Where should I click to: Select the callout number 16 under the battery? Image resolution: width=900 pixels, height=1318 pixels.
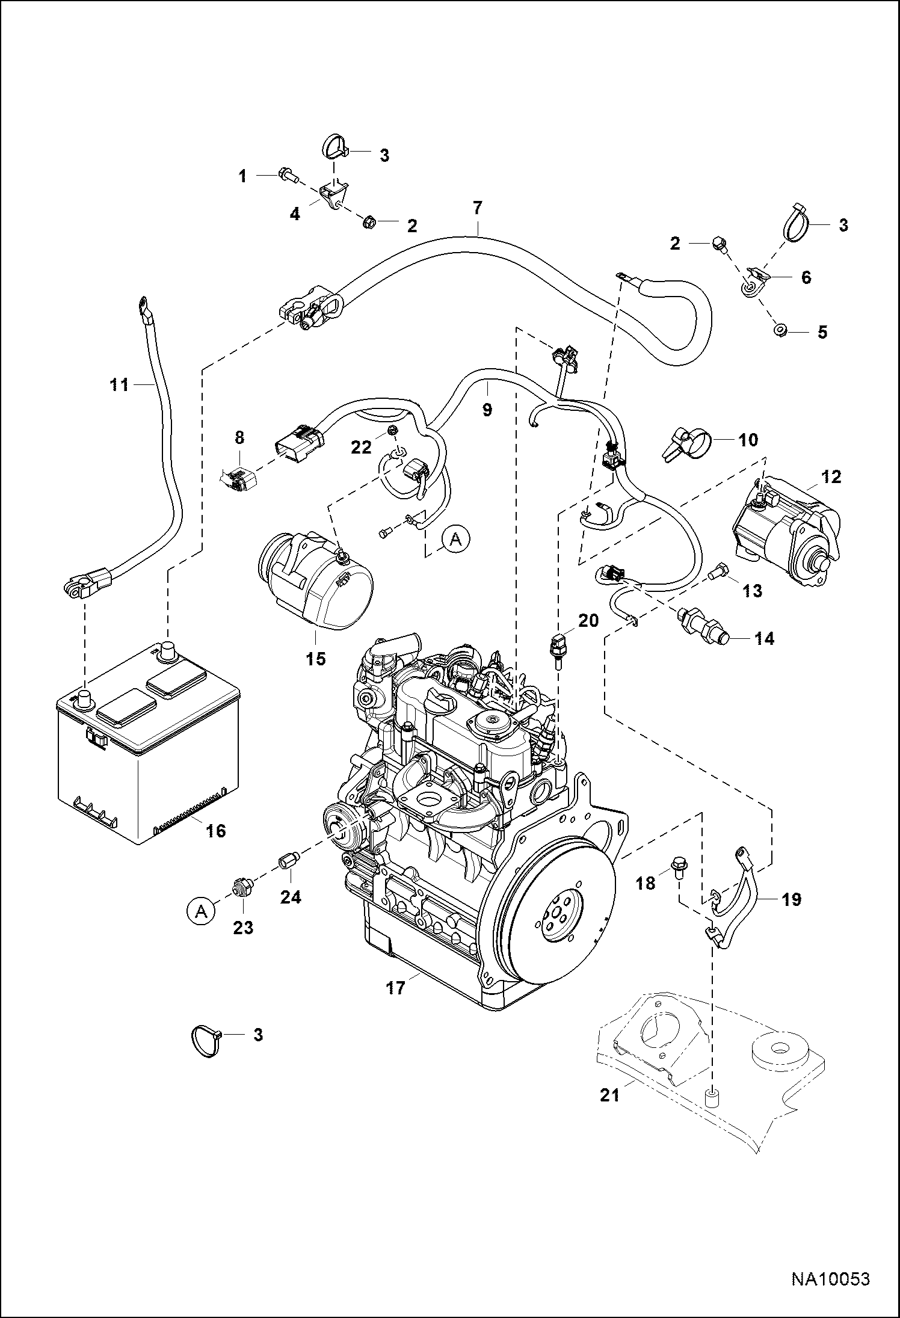point(215,831)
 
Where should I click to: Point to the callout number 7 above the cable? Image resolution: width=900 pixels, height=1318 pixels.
point(477,208)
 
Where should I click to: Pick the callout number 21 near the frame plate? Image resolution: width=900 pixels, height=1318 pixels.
point(609,1112)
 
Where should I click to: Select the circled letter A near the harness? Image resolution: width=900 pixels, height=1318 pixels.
point(456,540)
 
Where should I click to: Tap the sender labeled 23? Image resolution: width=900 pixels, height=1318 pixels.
point(242,888)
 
